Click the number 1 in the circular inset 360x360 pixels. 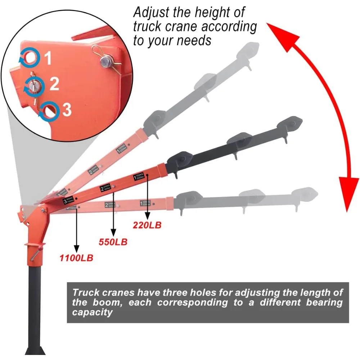[x=48, y=59]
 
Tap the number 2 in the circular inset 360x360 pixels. [x=54, y=84]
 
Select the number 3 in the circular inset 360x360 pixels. [x=67, y=110]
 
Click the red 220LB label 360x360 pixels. [x=147, y=226]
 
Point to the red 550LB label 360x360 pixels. [x=113, y=242]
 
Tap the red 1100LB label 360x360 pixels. [x=76, y=258]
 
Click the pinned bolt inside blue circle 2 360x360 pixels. [x=35, y=86]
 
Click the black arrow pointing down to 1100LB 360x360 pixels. [x=76, y=230]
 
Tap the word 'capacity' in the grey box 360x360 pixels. [x=93, y=312]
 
